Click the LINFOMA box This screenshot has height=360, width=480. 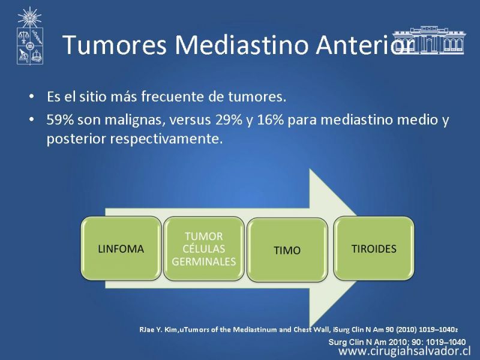coord(121,248)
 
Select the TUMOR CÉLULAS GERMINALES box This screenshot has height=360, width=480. coord(203,248)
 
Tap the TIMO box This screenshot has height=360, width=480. coord(287,250)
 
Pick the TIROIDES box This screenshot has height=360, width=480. coord(374,248)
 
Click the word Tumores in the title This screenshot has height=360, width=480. coord(115,44)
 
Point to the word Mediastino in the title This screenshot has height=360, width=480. coord(241,44)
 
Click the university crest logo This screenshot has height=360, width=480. coord(29,36)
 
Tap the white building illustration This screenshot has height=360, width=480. coord(429,40)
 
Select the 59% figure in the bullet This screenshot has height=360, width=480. coord(60,119)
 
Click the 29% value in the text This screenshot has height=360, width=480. coord(229,119)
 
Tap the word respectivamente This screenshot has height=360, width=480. coord(166,139)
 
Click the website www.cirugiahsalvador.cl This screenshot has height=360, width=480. coord(404,351)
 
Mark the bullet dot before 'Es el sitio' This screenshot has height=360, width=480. coord(32,97)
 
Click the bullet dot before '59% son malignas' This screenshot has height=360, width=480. coord(32,119)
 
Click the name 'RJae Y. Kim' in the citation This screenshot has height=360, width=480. coord(158,329)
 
